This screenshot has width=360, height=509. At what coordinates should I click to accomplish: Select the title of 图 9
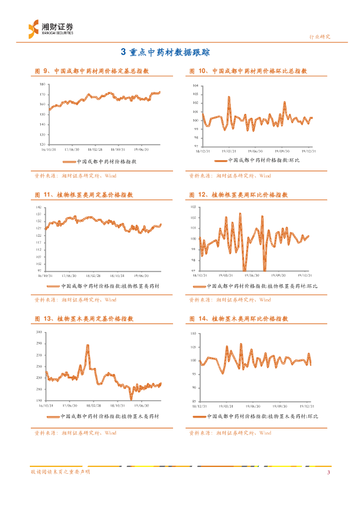click(x=91, y=71)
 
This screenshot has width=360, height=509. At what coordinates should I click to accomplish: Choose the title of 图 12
click(x=239, y=195)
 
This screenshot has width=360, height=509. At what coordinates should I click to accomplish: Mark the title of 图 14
click(x=239, y=319)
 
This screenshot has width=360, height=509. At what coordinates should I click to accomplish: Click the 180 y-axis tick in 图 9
click(x=42, y=85)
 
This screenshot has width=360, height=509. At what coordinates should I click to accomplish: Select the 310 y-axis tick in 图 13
click(x=39, y=332)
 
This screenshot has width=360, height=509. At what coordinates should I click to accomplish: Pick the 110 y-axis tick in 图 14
click(x=194, y=333)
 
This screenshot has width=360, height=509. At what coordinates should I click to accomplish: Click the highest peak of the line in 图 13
click(x=88, y=345)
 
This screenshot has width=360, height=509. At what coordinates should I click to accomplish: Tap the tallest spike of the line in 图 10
click(x=229, y=97)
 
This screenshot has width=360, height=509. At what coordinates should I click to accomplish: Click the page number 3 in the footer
click(x=328, y=472)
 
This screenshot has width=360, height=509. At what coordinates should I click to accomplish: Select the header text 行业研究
click(x=320, y=37)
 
